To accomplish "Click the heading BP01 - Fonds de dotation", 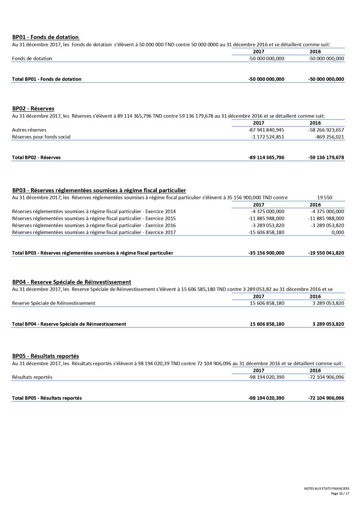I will (x=45, y=37).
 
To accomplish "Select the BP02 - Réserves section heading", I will (x=33, y=109).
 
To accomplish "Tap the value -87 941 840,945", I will (x=266, y=130).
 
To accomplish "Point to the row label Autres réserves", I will (x=29, y=130).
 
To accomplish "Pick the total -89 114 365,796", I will (x=266, y=157).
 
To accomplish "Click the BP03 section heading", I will (x=99, y=190).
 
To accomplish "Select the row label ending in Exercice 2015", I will (x=93, y=218).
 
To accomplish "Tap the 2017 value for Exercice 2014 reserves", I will (x=268, y=211).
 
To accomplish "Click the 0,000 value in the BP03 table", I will (x=337, y=232).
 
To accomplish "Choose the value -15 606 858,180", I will (x=266, y=232).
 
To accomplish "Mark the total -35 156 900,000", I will (x=266, y=253).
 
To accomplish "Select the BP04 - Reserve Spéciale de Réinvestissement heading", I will (x=71, y=282).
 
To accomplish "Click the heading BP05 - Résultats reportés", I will (x=46, y=356).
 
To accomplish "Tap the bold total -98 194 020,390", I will (x=266, y=398).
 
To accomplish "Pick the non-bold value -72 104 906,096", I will (x=326, y=377).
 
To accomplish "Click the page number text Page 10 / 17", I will (x=340, y=494).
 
